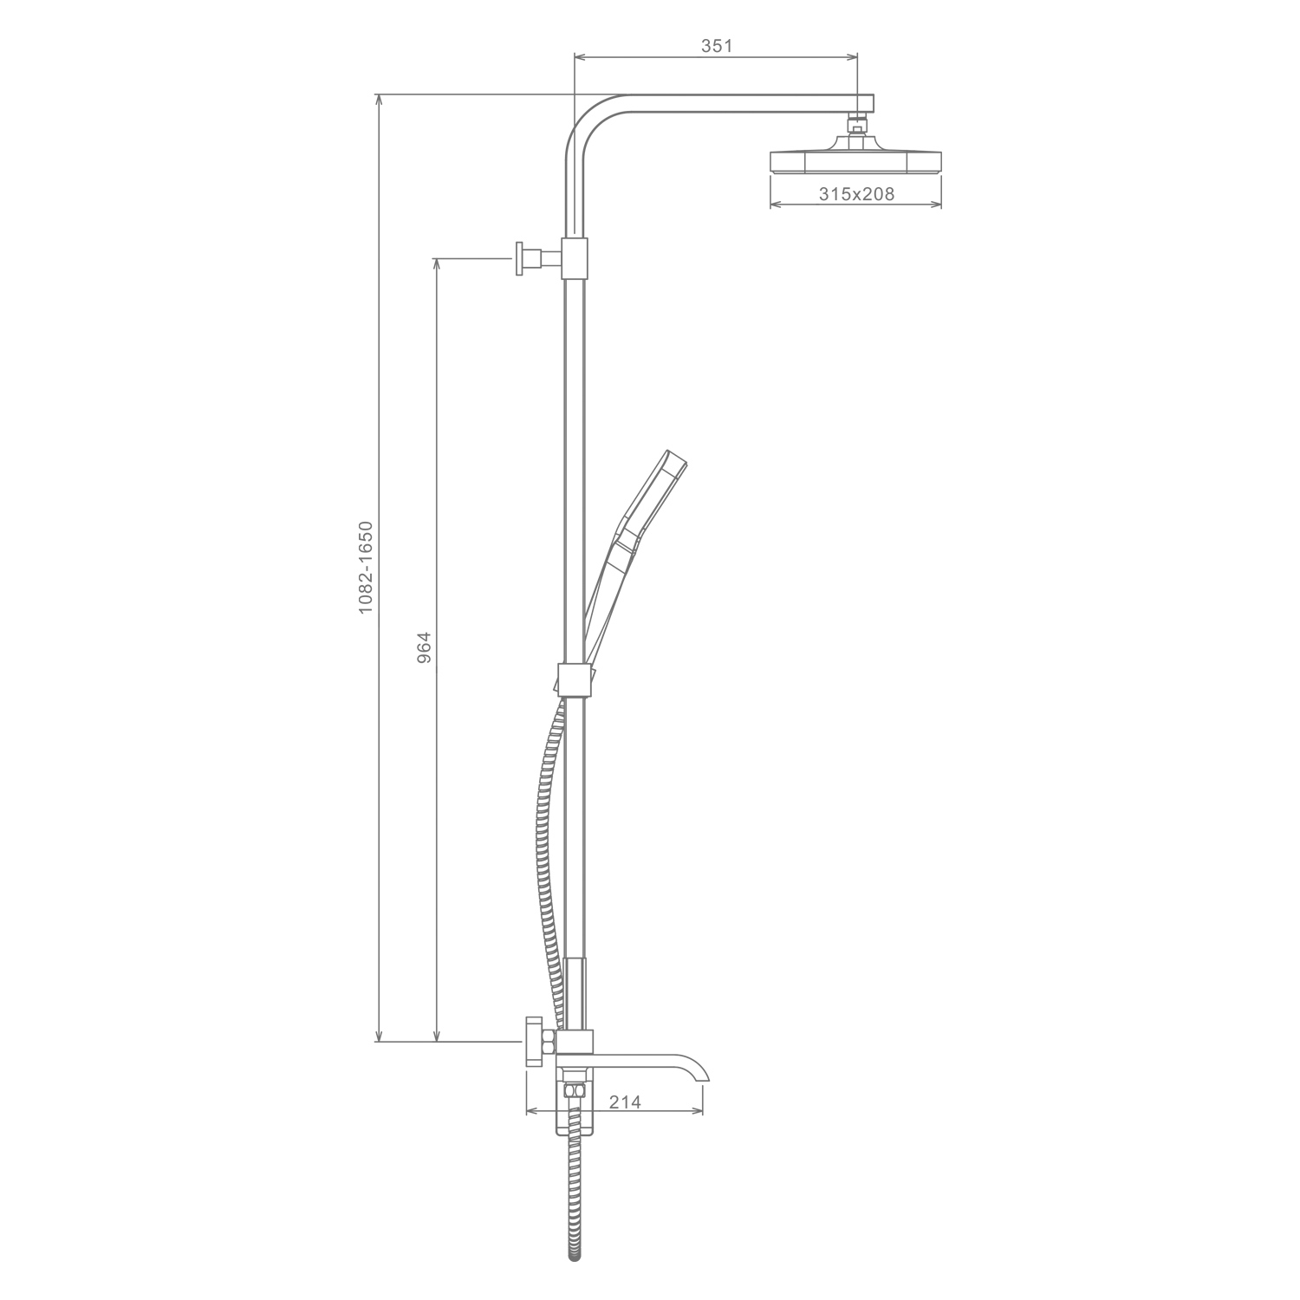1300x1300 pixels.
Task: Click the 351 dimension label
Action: click(717, 46)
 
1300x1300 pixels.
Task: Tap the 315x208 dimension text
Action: click(856, 194)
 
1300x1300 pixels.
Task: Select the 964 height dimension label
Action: click(424, 648)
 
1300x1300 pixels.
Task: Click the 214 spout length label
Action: click(625, 1102)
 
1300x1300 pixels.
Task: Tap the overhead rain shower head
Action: click(855, 159)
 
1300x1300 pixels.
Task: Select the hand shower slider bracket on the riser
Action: click(573, 679)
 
